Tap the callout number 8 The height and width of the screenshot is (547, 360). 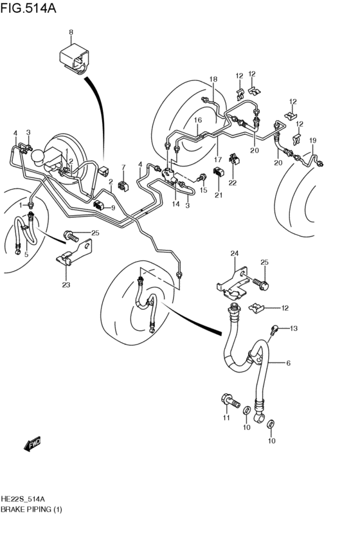point(71,31)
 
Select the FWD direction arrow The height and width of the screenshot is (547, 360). point(32,443)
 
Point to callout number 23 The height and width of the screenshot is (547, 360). point(66,284)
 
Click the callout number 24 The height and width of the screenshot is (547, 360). point(235,254)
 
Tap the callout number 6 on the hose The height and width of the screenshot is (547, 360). point(289,363)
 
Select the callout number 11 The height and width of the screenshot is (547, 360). point(226,418)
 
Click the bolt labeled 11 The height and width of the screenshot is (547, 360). point(228,402)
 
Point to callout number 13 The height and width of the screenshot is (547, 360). point(294,328)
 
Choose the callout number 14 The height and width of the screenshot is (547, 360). point(175,204)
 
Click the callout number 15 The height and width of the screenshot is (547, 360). point(203,190)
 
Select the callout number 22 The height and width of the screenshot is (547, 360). point(233,183)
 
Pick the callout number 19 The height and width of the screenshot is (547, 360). point(313,140)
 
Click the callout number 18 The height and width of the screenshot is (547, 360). point(213,79)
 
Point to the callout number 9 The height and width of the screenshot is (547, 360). point(113,208)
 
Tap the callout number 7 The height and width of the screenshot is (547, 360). point(123,168)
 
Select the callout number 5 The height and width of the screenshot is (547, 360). point(26,255)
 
